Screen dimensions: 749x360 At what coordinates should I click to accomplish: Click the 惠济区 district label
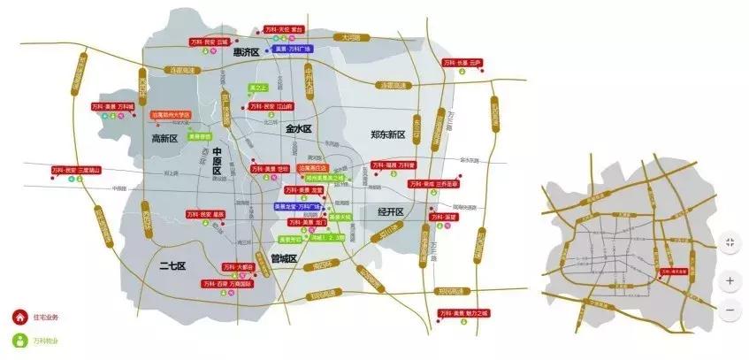[245, 53]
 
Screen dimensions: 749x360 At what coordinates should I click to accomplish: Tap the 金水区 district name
[300, 128]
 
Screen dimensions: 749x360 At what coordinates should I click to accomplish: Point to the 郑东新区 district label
[386, 134]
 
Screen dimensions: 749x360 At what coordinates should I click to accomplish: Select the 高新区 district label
[164, 139]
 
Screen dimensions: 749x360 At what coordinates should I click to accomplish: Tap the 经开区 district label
[390, 212]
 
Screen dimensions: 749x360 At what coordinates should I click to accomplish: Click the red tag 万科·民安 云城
[210, 41]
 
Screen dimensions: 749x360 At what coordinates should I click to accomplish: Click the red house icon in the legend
[18, 318]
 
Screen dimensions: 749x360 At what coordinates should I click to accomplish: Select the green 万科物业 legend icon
[18, 339]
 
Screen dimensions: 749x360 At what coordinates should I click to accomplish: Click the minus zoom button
[730, 310]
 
